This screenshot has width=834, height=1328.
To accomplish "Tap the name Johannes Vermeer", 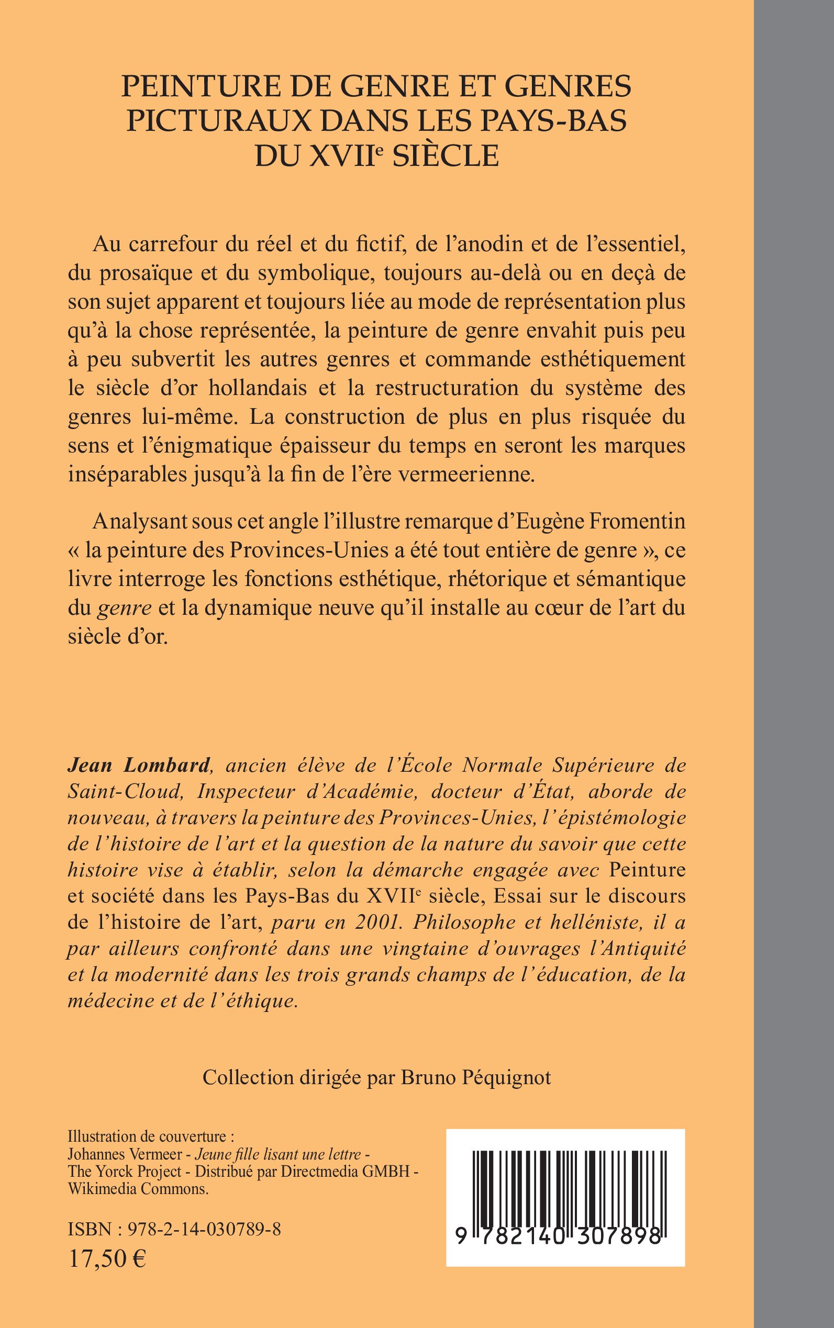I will pyautogui.click(x=128, y=1154).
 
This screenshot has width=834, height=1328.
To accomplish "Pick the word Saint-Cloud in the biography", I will pyautogui.click(x=125, y=792).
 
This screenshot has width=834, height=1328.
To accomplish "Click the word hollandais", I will pyautogui.click(x=258, y=388).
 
